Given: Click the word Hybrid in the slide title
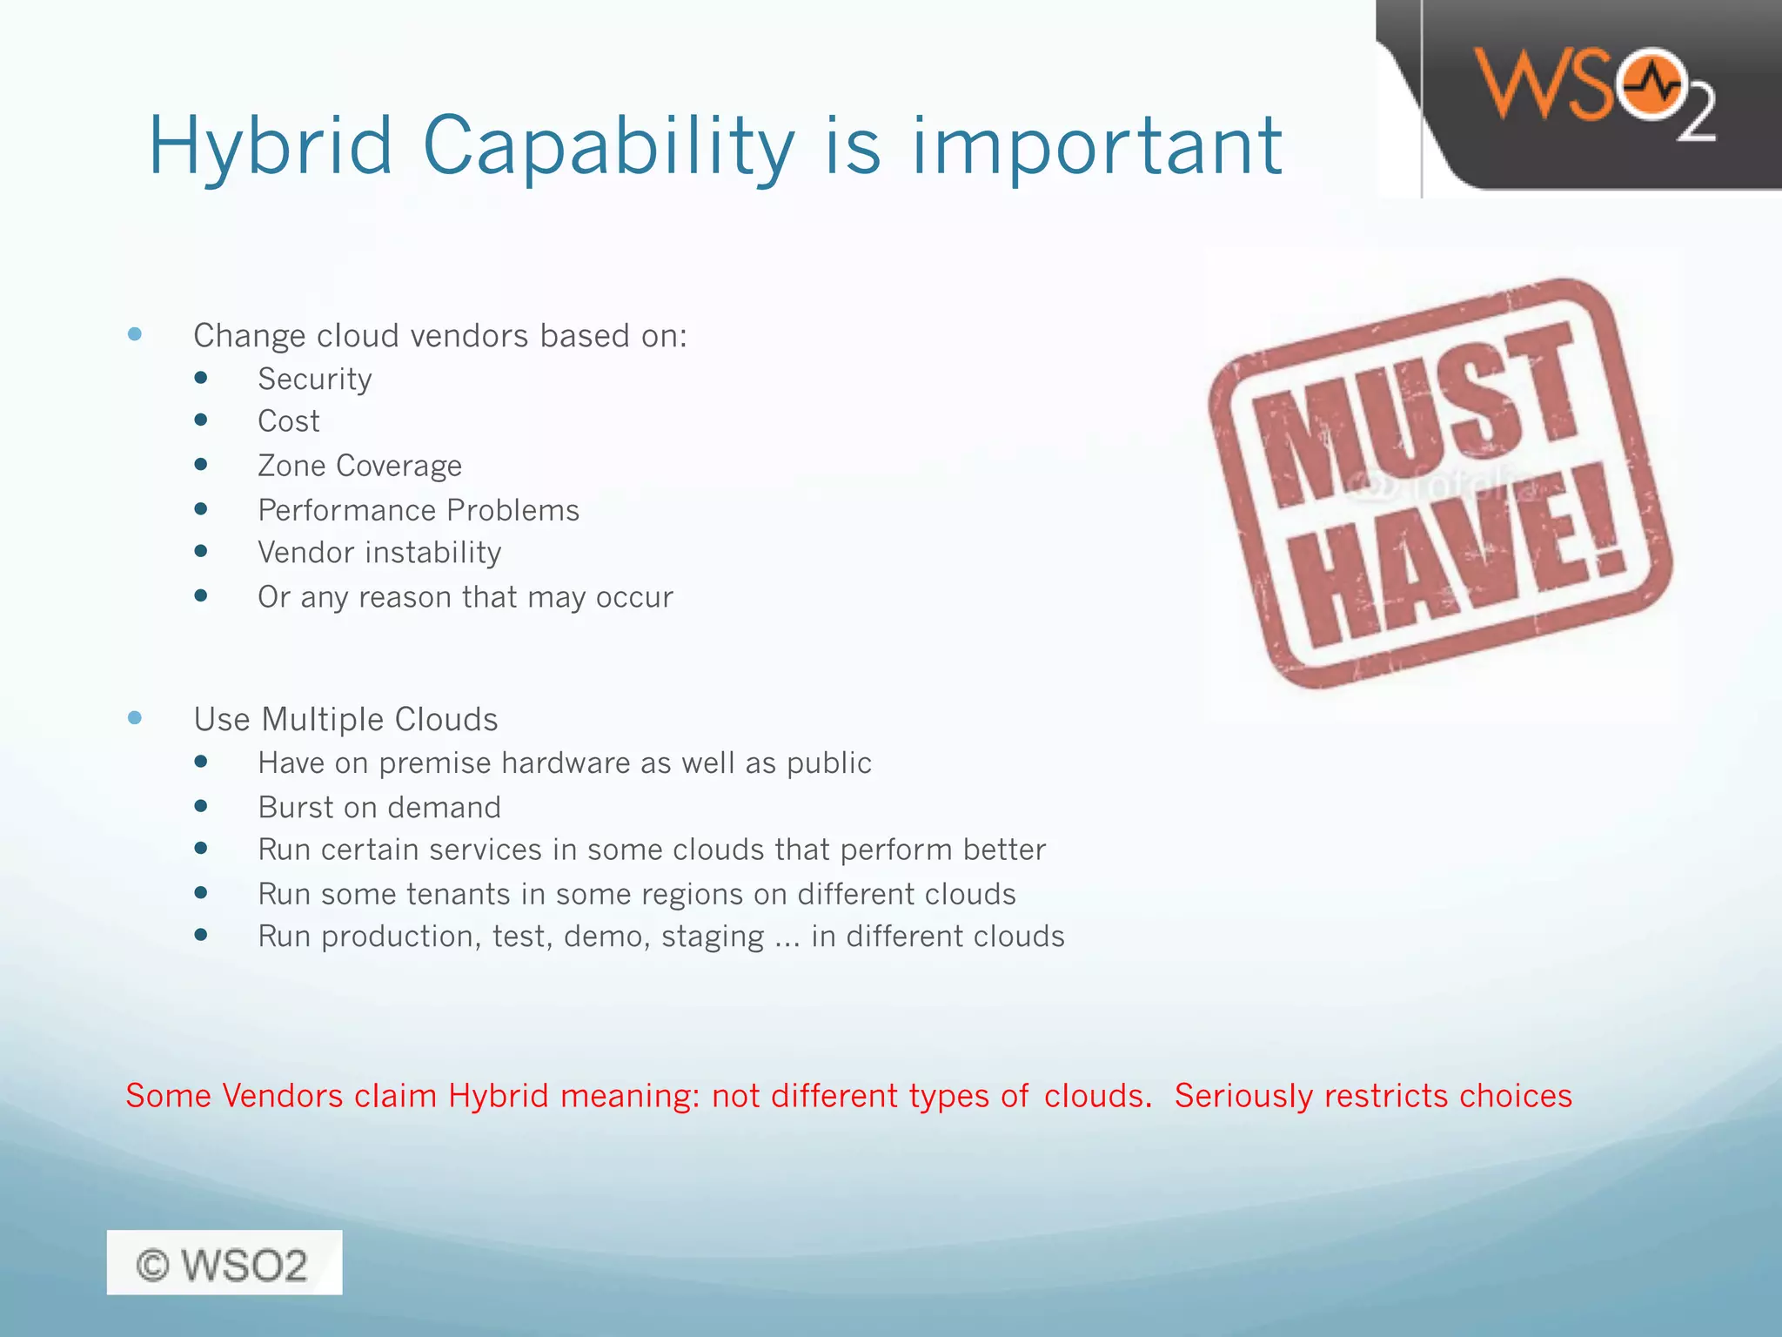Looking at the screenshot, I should click(x=271, y=146).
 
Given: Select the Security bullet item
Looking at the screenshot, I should click(x=314, y=380).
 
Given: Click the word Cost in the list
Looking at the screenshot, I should click(x=289, y=421).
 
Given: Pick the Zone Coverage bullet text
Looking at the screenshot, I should click(x=359, y=466).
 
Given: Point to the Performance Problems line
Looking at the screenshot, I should click(x=419, y=510).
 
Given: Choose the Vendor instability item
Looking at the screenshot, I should click(x=379, y=553).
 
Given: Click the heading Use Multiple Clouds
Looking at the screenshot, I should click(x=345, y=720).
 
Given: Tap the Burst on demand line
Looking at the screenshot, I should click(x=379, y=808).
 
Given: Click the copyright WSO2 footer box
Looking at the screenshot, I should click(x=224, y=1263).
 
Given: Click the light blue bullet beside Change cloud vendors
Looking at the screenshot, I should click(x=135, y=334).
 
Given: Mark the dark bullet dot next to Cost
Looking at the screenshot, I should click(x=201, y=420).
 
